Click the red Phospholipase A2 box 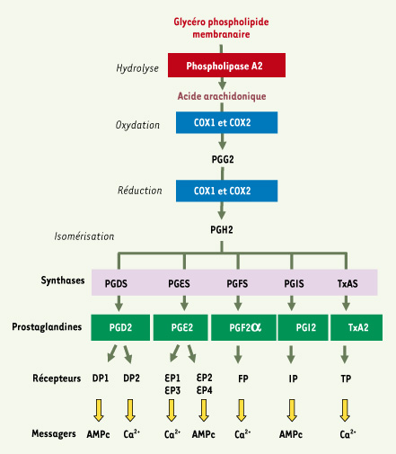click(x=226, y=66)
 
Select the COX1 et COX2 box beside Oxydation click(x=226, y=122)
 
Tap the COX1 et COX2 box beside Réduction click(x=226, y=191)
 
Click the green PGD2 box click(x=120, y=327)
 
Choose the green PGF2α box click(x=243, y=327)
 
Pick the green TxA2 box click(x=356, y=327)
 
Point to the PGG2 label click(x=223, y=159)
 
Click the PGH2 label click(x=222, y=230)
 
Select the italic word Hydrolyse click(x=137, y=68)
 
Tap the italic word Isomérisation click(x=84, y=236)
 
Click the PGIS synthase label click(x=294, y=283)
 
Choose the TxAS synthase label click(x=348, y=283)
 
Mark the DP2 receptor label click(x=131, y=378)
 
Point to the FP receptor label click(x=243, y=378)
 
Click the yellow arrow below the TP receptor click(x=345, y=410)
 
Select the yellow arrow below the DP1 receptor click(x=99, y=410)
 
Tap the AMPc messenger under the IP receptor click(x=291, y=434)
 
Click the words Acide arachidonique click(x=222, y=96)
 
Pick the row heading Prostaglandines click(x=47, y=326)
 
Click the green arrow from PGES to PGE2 click(x=184, y=303)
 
